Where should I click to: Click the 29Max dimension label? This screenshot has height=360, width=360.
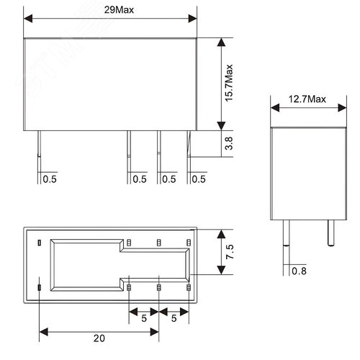112,10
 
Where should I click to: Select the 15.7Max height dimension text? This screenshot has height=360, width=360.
229,83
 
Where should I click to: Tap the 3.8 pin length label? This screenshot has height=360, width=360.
229,143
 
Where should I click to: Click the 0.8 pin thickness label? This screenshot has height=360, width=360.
299,271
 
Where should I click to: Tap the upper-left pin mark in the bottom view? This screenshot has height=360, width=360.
40,241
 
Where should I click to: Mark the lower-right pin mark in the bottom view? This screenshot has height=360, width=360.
188,288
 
